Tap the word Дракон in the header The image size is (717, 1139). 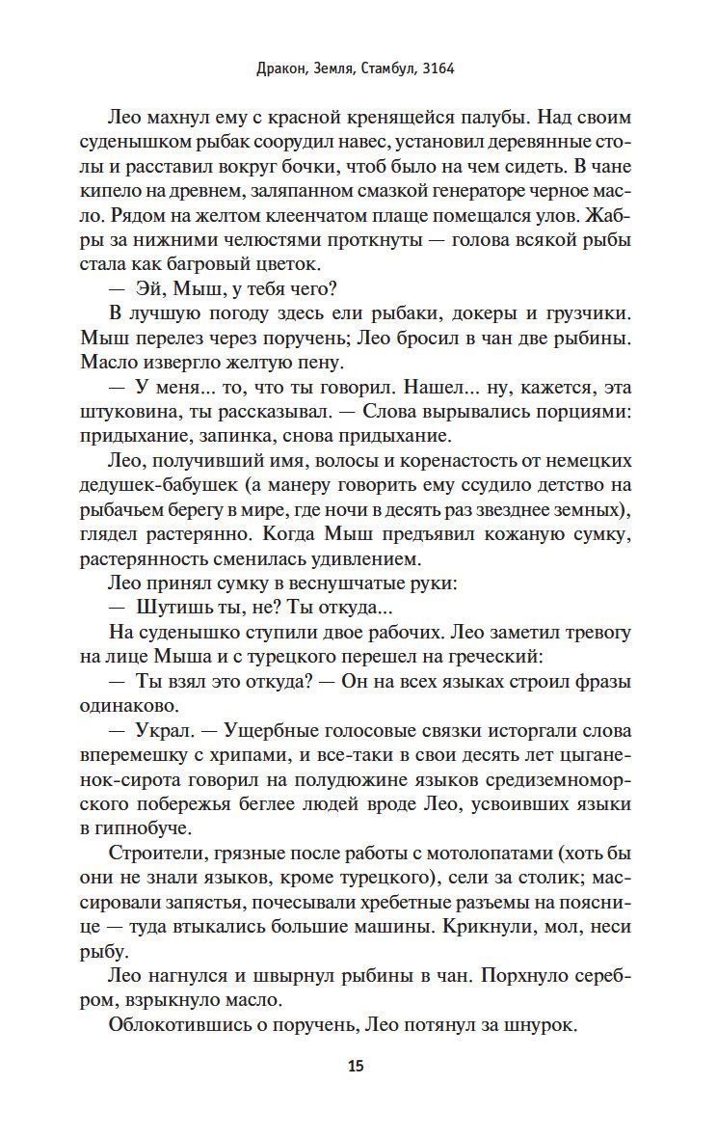click(279, 69)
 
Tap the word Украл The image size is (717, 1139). click(161, 734)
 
